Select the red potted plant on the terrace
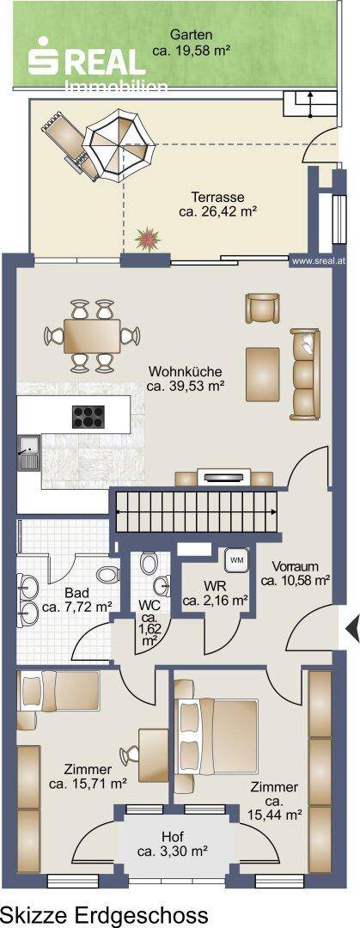click(148, 239)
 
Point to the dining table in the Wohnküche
click(92, 336)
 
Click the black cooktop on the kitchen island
click(88, 416)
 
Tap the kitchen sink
click(29, 454)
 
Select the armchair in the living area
click(262, 308)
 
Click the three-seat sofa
click(305, 374)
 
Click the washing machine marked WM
click(237, 560)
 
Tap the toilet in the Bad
click(107, 574)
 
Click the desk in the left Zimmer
click(155, 754)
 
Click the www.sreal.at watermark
click(320, 259)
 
